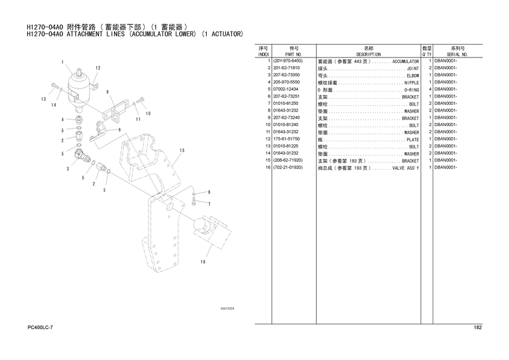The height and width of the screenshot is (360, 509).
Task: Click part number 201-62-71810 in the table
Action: click(x=286, y=68)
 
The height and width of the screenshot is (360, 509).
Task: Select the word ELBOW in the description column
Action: click(x=413, y=76)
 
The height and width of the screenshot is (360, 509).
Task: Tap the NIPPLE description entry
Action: click(x=411, y=83)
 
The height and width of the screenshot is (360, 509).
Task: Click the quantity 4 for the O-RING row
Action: click(x=430, y=89)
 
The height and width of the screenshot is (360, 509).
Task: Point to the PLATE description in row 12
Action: click(x=413, y=139)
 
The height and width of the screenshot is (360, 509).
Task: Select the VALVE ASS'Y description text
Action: click(x=406, y=168)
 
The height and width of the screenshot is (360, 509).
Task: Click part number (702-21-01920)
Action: click(x=288, y=167)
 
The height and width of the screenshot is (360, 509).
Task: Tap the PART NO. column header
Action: click(x=293, y=55)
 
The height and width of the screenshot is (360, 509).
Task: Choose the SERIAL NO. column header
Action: click(x=457, y=55)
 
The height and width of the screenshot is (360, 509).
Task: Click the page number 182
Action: click(x=478, y=327)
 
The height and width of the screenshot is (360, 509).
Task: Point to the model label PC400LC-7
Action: click(x=40, y=327)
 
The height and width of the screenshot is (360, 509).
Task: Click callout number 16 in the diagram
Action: click(x=203, y=262)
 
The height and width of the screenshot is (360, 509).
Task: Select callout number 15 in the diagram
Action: click(x=182, y=150)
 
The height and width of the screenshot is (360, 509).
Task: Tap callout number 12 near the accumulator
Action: click(x=98, y=68)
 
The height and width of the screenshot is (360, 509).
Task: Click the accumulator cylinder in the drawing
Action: click(x=79, y=88)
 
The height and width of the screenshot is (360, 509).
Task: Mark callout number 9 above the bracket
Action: click(x=107, y=92)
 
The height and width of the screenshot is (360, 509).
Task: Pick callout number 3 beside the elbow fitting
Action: click(x=68, y=169)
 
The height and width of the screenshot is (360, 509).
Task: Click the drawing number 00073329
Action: click(x=227, y=308)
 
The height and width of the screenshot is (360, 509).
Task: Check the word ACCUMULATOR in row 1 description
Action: click(x=406, y=61)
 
